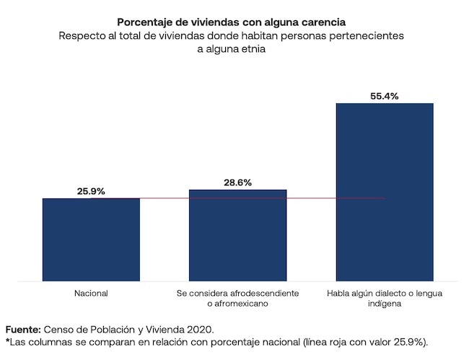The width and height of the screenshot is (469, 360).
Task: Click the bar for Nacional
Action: (91, 240)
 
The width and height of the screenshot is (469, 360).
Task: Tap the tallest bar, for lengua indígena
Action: (385, 192)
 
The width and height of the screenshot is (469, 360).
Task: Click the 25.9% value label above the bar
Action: (91, 191)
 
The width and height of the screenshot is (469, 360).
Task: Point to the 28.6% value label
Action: (237, 183)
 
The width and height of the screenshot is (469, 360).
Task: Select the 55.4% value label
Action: (385, 96)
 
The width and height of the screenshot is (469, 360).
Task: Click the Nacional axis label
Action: (91, 294)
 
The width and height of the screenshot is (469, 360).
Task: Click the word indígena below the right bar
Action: (385, 305)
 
